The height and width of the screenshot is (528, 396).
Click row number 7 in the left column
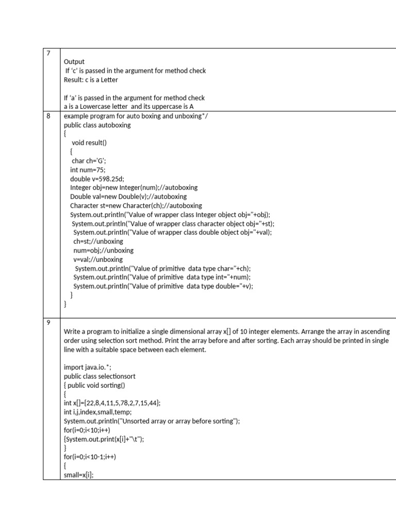(x=48, y=53)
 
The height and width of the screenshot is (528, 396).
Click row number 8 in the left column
(x=48, y=116)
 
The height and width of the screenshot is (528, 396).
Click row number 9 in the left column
(x=48, y=321)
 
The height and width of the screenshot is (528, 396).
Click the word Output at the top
(x=73, y=61)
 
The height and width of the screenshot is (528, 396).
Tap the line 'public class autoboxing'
(x=97, y=125)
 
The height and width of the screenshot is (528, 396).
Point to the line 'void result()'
(x=92, y=142)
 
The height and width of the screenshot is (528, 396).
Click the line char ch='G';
(x=89, y=160)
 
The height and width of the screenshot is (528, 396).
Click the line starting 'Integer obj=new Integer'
(x=134, y=187)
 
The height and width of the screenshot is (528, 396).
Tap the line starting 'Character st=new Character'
(x=136, y=205)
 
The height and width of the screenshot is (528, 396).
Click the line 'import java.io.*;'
(x=87, y=367)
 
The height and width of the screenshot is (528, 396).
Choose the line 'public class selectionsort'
(x=99, y=376)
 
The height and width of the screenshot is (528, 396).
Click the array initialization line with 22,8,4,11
(x=115, y=403)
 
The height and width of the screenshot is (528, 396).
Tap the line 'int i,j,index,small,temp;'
(x=98, y=412)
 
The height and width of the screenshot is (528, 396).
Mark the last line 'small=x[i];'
(x=79, y=475)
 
